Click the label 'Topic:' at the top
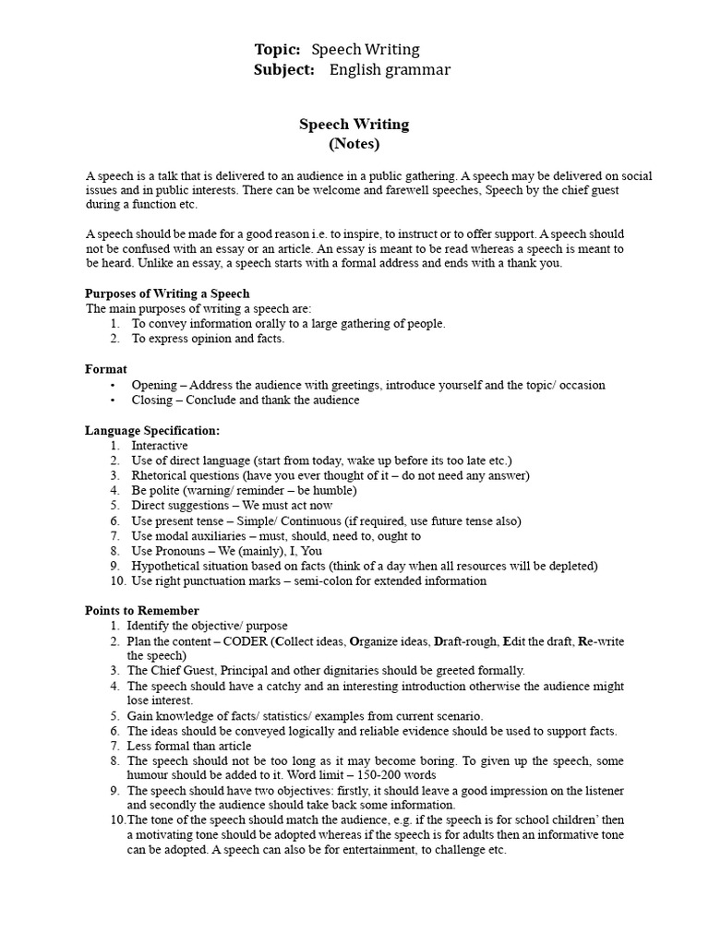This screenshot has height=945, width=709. pyautogui.click(x=277, y=50)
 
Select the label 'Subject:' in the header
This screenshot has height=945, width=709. pyautogui.click(x=283, y=70)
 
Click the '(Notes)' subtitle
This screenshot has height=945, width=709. pyautogui.click(x=354, y=144)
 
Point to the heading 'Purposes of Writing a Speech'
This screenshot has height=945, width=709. pyautogui.click(x=167, y=293)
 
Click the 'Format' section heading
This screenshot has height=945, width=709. pyautogui.click(x=106, y=369)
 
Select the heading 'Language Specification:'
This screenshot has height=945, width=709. pyautogui.click(x=152, y=430)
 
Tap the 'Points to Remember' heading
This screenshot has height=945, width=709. pyautogui.click(x=142, y=611)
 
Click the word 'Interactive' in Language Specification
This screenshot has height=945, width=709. pyautogui.click(x=160, y=446)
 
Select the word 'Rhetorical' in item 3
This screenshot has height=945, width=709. pyautogui.click(x=160, y=475)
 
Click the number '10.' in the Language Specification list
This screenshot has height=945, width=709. pyautogui.click(x=116, y=581)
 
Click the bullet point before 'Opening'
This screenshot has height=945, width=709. pyautogui.click(x=113, y=385)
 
